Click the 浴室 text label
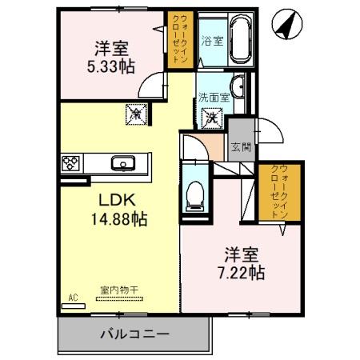[211, 40]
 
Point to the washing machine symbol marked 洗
[212, 118]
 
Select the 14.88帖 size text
[118, 218]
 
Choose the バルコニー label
[134, 333]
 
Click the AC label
[72, 298]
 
